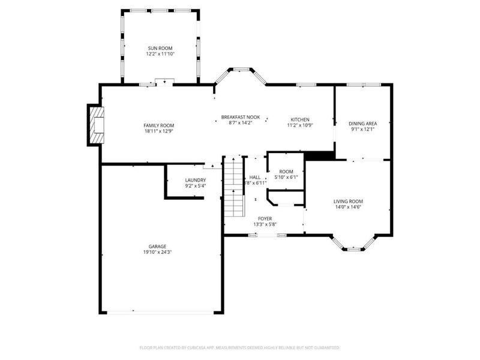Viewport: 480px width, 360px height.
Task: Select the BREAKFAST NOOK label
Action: click(x=236, y=117)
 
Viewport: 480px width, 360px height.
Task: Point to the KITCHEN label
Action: click(x=300, y=119)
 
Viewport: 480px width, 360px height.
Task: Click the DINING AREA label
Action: click(x=362, y=123)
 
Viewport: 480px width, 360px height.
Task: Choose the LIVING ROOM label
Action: click(x=348, y=201)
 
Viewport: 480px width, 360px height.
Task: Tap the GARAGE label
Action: click(x=158, y=246)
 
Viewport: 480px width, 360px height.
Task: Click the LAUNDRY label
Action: click(x=196, y=180)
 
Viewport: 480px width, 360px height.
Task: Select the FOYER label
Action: click(x=265, y=218)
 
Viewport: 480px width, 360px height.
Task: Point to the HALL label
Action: click(x=255, y=177)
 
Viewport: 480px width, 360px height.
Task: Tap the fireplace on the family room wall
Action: click(x=95, y=125)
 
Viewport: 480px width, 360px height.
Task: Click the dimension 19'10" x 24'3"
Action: click(x=158, y=252)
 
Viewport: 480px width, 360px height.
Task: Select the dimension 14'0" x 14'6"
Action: click(x=348, y=207)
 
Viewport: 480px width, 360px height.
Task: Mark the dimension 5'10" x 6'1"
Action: click(x=286, y=178)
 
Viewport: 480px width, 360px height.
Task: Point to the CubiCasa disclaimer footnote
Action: click(x=240, y=347)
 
